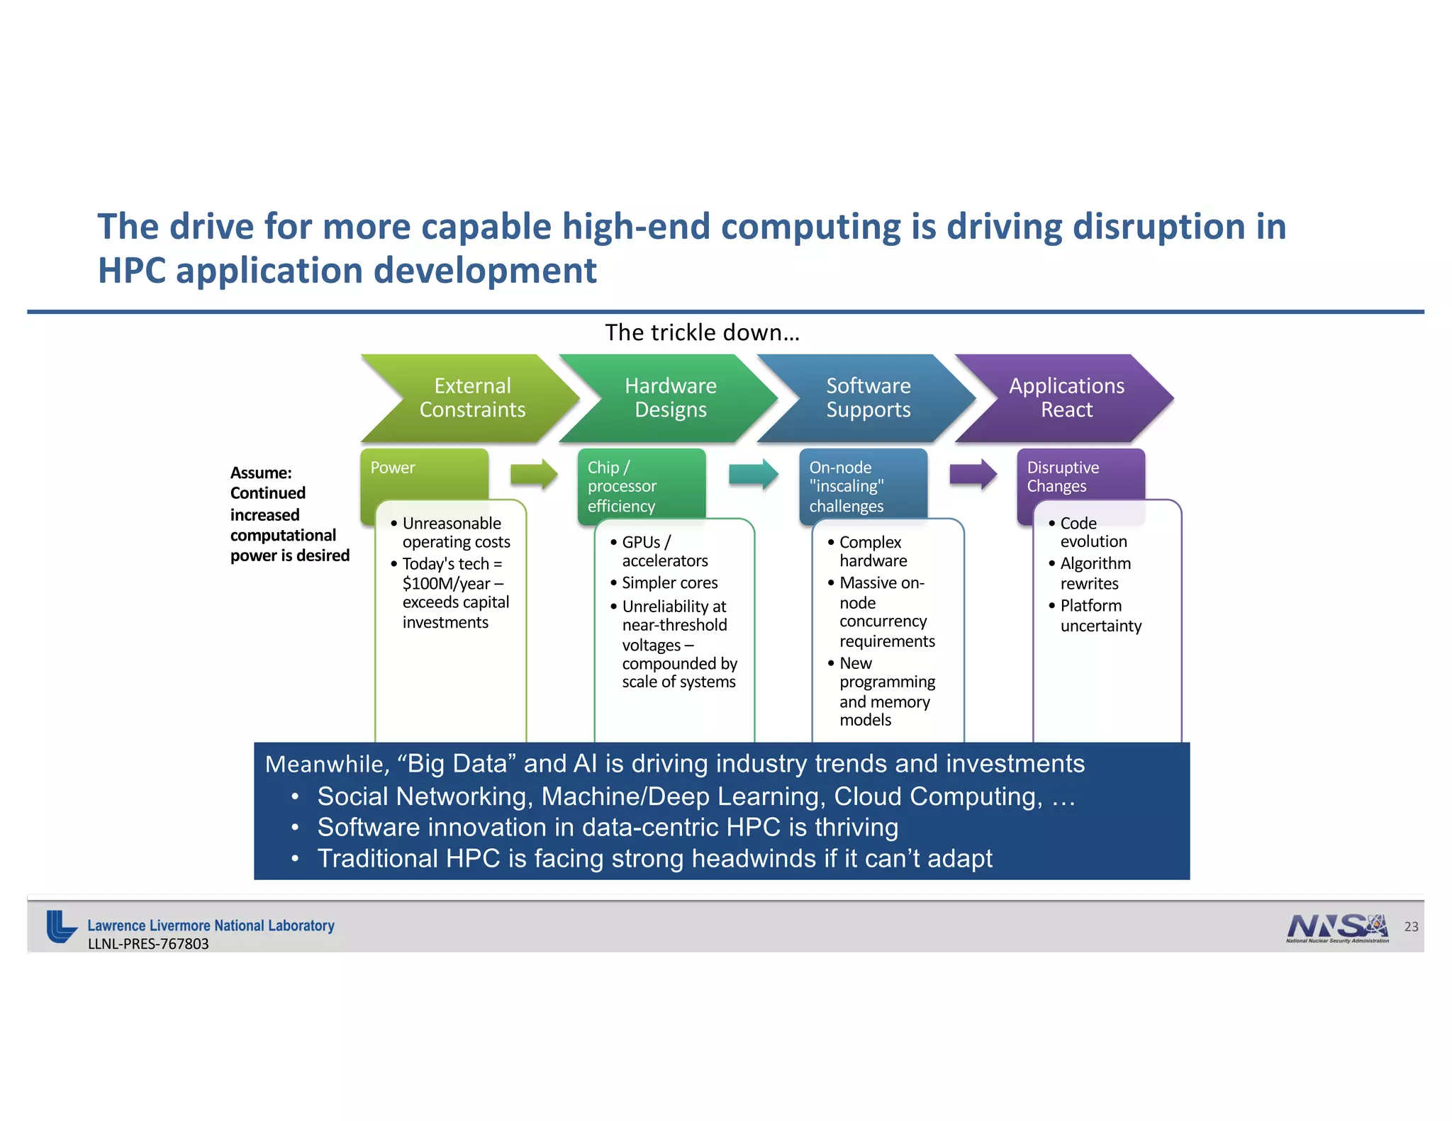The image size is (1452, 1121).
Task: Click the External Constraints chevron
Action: pyautogui.click(x=471, y=398)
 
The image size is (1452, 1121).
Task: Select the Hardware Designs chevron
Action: pyautogui.click(x=670, y=398)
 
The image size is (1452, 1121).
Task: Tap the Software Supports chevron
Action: pyautogui.click(x=868, y=398)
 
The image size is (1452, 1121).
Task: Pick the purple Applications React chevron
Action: pyautogui.click(x=1066, y=398)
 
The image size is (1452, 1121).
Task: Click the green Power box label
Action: pyautogui.click(x=393, y=468)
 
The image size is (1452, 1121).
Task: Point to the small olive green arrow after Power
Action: pyautogui.click(x=534, y=474)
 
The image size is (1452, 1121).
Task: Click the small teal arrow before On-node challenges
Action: pyautogui.click(x=753, y=474)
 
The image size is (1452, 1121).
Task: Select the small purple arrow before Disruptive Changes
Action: pyautogui.click(x=973, y=474)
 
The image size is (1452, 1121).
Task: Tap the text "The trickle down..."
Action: pyautogui.click(x=702, y=332)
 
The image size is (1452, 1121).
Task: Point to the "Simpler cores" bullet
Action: pyautogui.click(x=669, y=582)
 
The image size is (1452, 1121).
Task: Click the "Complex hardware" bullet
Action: pyautogui.click(x=871, y=551)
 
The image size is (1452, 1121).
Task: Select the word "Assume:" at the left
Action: pyautogui.click(x=261, y=473)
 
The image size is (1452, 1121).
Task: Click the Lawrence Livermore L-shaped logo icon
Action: pyautogui.click(x=61, y=926)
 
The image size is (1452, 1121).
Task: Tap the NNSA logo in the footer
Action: pyautogui.click(x=1337, y=927)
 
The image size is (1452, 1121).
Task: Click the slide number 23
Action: pyautogui.click(x=1411, y=927)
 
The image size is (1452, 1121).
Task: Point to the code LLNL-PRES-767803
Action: pyautogui.click(x=148, y=944)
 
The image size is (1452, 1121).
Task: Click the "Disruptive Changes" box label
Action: pyautogui.click(x=1062, y=477)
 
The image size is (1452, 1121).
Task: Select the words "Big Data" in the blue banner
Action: pyautogui.click(x=457, y=764)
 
